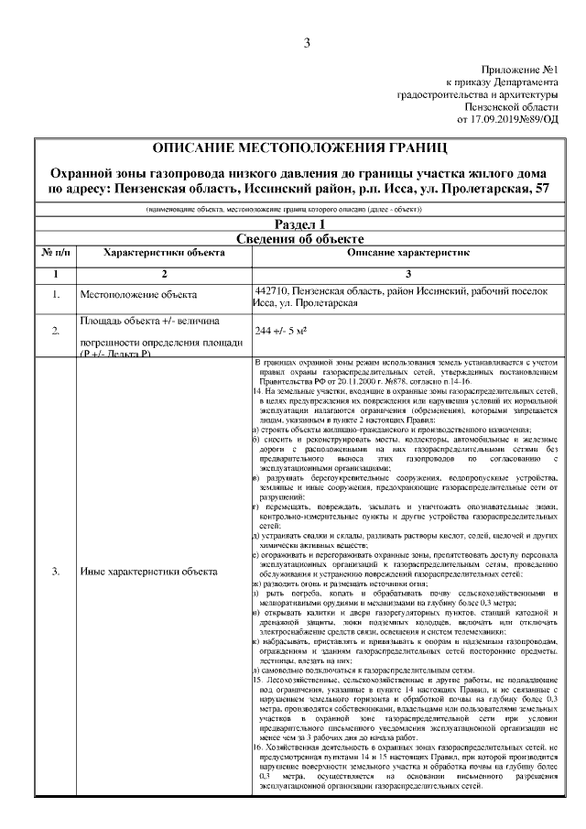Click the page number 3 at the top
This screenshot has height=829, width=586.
307,41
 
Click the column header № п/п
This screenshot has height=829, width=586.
56,252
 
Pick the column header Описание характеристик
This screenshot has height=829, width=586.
407,252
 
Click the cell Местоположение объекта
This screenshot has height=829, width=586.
137,295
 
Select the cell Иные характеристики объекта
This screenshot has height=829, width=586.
148,572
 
